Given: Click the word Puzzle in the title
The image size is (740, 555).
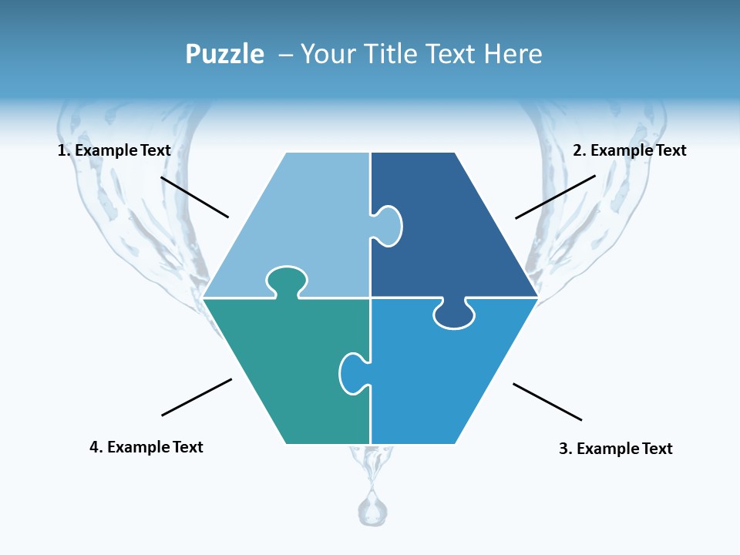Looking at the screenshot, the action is (x=224, y=54).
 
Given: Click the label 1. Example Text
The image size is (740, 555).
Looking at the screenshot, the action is (x=114, y=150).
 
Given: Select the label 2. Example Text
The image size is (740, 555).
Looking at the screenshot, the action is (x=629, y=150).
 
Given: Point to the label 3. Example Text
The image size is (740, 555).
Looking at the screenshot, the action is (x=615, y=449).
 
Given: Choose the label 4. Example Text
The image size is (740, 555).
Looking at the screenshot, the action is (x=146, y=447).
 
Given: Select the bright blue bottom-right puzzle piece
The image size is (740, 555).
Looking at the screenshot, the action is (x=447, y=385).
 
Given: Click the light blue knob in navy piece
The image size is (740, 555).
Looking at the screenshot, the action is (x=388, y=225).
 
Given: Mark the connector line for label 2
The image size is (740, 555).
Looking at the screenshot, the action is (x=555, y=197).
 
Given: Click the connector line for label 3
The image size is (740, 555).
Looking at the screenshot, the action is (x=547, y=402).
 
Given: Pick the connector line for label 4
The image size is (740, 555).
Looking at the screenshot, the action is (x=197, y=397).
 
